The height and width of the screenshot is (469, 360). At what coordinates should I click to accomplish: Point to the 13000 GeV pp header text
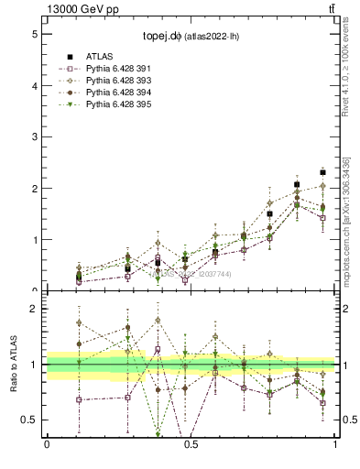pos(83,9)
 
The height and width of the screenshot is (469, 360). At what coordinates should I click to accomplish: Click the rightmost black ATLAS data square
pos(322,172)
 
